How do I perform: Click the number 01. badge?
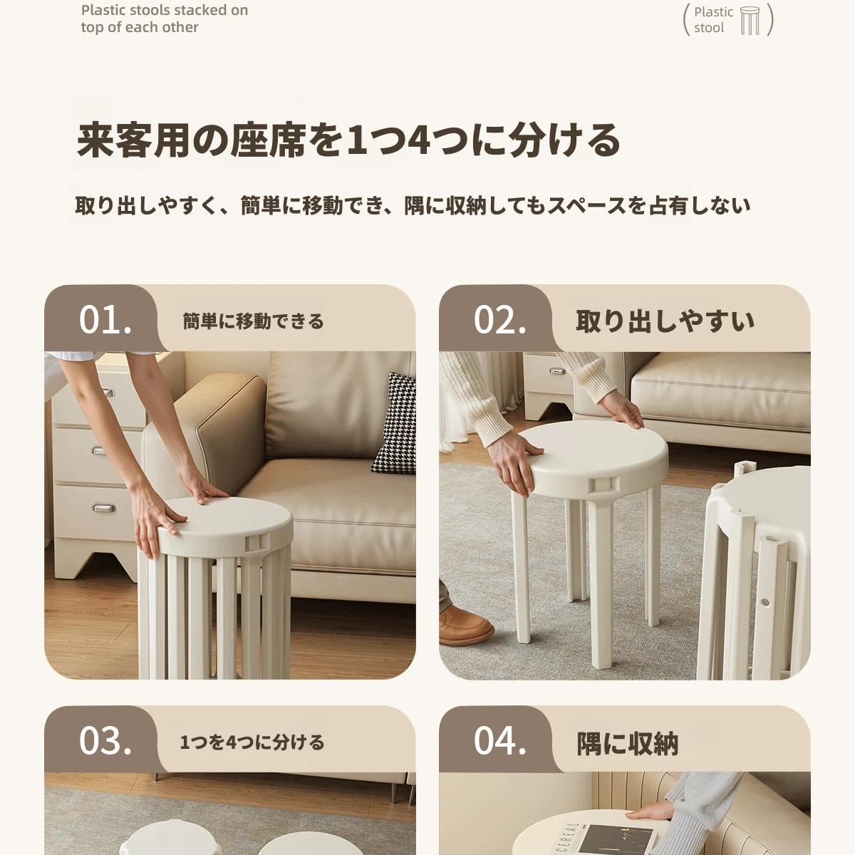[105, 319]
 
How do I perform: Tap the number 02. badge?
[499, 319]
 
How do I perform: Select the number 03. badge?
[105, 740]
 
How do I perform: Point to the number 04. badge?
[499, 740]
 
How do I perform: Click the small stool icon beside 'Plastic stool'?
[750, 21]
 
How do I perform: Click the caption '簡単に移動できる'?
[254, 321]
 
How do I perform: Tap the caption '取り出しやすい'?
[665, 321]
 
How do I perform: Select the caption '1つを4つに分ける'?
[252, 742]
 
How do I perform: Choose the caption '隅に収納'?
[628, 743]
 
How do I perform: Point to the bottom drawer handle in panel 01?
[103, 507]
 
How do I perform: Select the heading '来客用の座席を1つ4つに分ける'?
[348, 140]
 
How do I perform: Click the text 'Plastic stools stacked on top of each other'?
[165, 19]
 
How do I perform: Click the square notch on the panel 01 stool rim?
[257, 544]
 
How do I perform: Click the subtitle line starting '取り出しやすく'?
[413, 206]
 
